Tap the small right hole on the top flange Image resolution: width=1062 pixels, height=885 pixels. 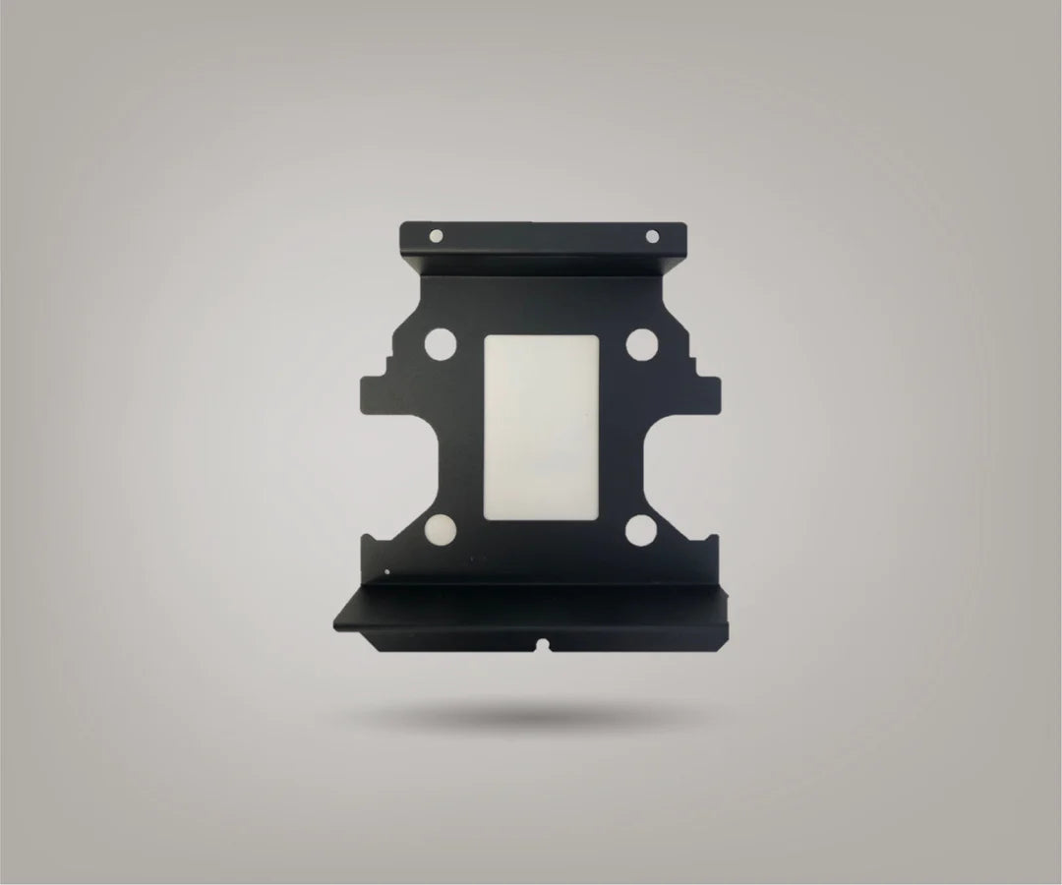click(x=650, y=236)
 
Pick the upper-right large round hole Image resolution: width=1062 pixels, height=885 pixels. click(x=642, y=345)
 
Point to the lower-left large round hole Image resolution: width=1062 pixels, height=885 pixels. click(x=439, y=532)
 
